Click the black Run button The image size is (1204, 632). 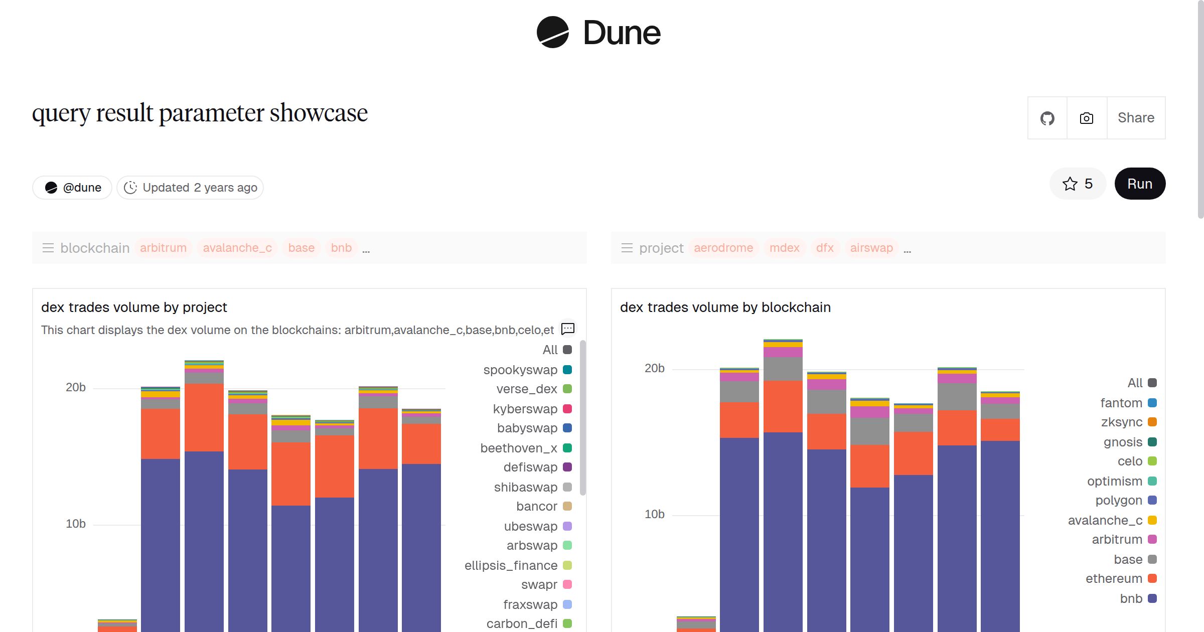[1139, 184]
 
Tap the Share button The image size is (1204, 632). [1136, 118]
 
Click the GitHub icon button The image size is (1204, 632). [1047, 118]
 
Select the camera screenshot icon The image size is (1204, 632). [1086, 118]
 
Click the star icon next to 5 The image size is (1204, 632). [1070, 184]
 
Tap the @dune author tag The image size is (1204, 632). [73, 188]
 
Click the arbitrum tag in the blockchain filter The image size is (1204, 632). [163, 248]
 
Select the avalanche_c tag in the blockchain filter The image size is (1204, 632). [237, 248]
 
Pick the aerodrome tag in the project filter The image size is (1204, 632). [723, 248]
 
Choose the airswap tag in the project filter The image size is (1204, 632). [871, 248]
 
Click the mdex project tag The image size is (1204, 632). [784, 248]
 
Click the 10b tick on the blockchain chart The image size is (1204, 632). [654, 514]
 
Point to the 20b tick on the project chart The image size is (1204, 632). [76, 387]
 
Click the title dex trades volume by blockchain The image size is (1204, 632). [725, 307]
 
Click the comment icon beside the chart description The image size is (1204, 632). [567, 329]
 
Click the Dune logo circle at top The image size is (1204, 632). [552, 33]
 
